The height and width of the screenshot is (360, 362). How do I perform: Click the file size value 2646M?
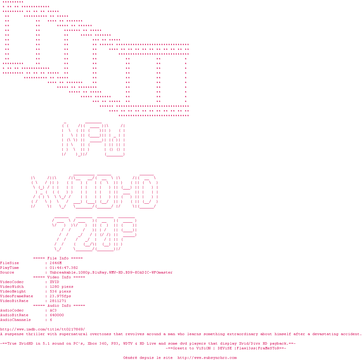pos(56,263)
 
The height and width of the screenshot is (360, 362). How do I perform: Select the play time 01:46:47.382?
pos(64,268)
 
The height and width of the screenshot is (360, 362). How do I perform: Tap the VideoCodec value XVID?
pos(54,282)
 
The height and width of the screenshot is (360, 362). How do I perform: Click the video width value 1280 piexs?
pos(62,287)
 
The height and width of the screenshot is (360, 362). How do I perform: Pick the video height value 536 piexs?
pos(60,291)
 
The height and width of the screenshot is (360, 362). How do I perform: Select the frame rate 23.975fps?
pos(60,296)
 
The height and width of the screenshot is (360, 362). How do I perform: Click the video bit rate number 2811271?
pos(58,301)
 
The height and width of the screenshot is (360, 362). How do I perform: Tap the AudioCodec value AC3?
pos(53,310)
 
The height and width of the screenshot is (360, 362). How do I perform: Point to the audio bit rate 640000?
pos(57,315)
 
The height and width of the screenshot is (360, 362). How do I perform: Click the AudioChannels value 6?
pos(51,320)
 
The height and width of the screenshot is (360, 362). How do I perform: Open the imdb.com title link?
pos(42,329)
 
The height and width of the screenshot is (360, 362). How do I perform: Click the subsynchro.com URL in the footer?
pos(207,358)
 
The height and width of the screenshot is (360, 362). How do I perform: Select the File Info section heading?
pos(58,258)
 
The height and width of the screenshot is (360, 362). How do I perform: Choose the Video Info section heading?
pos(59,277)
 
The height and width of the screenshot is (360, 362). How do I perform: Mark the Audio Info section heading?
pos(59,306)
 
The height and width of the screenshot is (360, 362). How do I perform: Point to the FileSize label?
pos(9,263)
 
